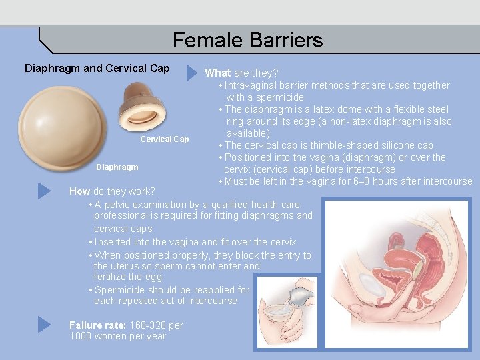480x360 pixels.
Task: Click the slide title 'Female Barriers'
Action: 247,40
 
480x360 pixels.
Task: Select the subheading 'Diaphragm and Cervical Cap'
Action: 97,69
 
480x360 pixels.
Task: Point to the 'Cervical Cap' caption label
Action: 164,139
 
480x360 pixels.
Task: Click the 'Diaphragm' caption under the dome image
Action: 117,167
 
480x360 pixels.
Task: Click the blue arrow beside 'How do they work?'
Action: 44,191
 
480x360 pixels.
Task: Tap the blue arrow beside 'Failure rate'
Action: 44,325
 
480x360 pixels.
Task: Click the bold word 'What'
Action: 217,73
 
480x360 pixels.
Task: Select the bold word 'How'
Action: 79,191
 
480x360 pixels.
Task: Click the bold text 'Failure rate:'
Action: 98,325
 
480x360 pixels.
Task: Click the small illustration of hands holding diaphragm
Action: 287,312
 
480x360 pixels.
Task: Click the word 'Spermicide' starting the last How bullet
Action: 121,290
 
